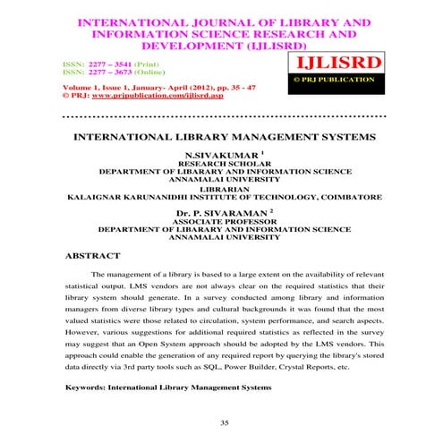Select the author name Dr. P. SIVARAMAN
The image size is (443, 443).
coord(222,212)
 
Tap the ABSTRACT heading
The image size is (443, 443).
coord(93,255)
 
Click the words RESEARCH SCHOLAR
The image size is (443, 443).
coord(221,165)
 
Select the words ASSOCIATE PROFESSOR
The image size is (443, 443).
coord(222,221)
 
